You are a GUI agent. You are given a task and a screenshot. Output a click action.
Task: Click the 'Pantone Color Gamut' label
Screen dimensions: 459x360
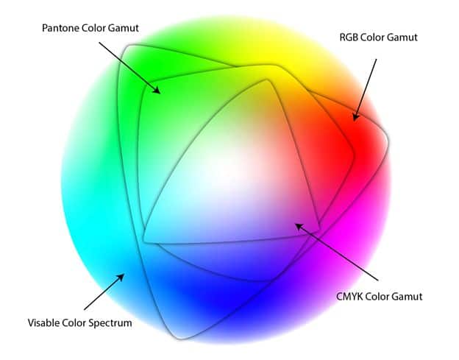point(90,28)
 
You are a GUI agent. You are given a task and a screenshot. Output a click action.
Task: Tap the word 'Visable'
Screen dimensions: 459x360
point(45,322)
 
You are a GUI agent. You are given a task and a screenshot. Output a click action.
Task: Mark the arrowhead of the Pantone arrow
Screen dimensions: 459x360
point(158,91)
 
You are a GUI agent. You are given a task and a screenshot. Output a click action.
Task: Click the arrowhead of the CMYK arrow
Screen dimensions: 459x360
point(298,226)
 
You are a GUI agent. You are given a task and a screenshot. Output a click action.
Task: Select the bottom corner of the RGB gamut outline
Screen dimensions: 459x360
point(179,338)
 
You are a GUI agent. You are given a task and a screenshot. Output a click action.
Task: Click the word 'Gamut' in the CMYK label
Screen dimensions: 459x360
point(406,297)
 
